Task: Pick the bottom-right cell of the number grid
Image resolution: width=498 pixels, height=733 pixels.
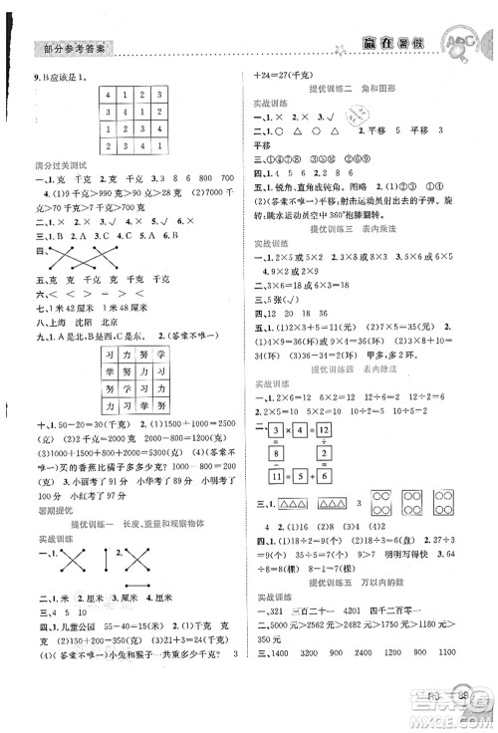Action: (x=165, y=149)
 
